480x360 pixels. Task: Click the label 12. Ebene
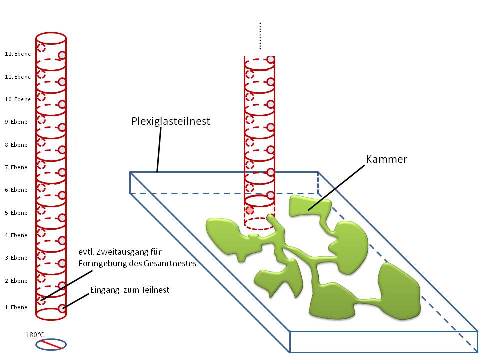click(x=17, y=54)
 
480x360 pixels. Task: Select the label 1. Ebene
click(x=16, y=307)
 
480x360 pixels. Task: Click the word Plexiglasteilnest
click(x=171, y=121)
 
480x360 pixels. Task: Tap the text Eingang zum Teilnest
click(x=130, y=290)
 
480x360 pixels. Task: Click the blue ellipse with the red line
click(x=51, y=344)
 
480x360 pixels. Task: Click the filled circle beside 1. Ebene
click(x=62, y=308)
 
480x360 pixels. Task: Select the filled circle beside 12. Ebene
click(x=62, y=55)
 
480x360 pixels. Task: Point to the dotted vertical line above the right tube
click(x=260, y=36)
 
